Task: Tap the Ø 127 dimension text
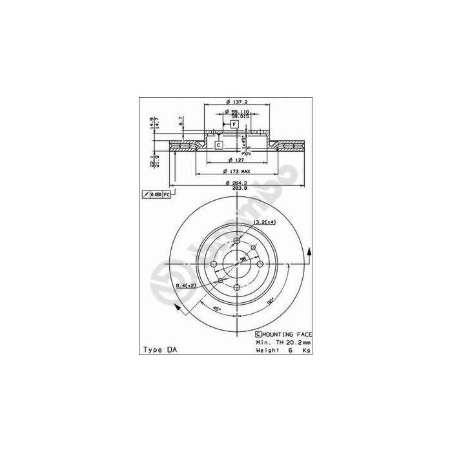(236, 159)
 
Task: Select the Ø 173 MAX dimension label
(236, 172)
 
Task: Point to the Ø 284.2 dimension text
(236, 183)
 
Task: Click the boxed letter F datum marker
(234, 123)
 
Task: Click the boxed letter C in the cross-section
(218, 145)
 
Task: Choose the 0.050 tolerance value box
(156, 194)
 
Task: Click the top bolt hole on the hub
(237, 241)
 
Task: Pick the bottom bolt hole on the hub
(237, 287)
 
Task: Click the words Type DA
(158, 349)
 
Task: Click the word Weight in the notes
(267, 349)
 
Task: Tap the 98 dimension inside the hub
(243, 259)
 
